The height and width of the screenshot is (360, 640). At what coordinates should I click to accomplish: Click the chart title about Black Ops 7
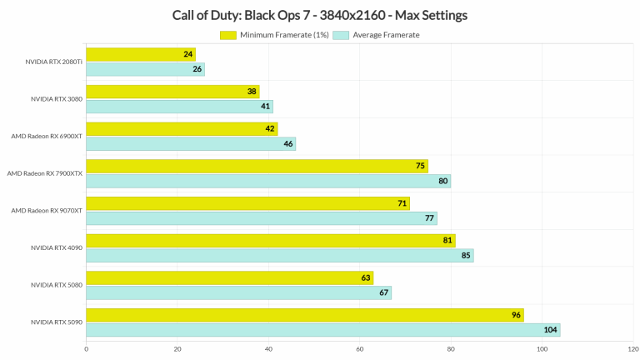(319, 15)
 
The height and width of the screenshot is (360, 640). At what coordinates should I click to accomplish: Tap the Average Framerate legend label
(386, 35)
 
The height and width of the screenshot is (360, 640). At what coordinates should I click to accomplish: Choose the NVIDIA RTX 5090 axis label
(57, 322)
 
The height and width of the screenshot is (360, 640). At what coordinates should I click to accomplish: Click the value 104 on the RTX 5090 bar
(550, 330)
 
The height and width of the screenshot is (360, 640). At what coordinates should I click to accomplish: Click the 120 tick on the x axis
(632, 349)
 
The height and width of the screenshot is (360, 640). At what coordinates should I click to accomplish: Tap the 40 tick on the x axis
(268, 349)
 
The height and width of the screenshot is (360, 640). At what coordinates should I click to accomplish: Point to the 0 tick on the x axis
(86, 349)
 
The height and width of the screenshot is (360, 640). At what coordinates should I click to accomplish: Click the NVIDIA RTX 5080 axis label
(57, 285)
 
